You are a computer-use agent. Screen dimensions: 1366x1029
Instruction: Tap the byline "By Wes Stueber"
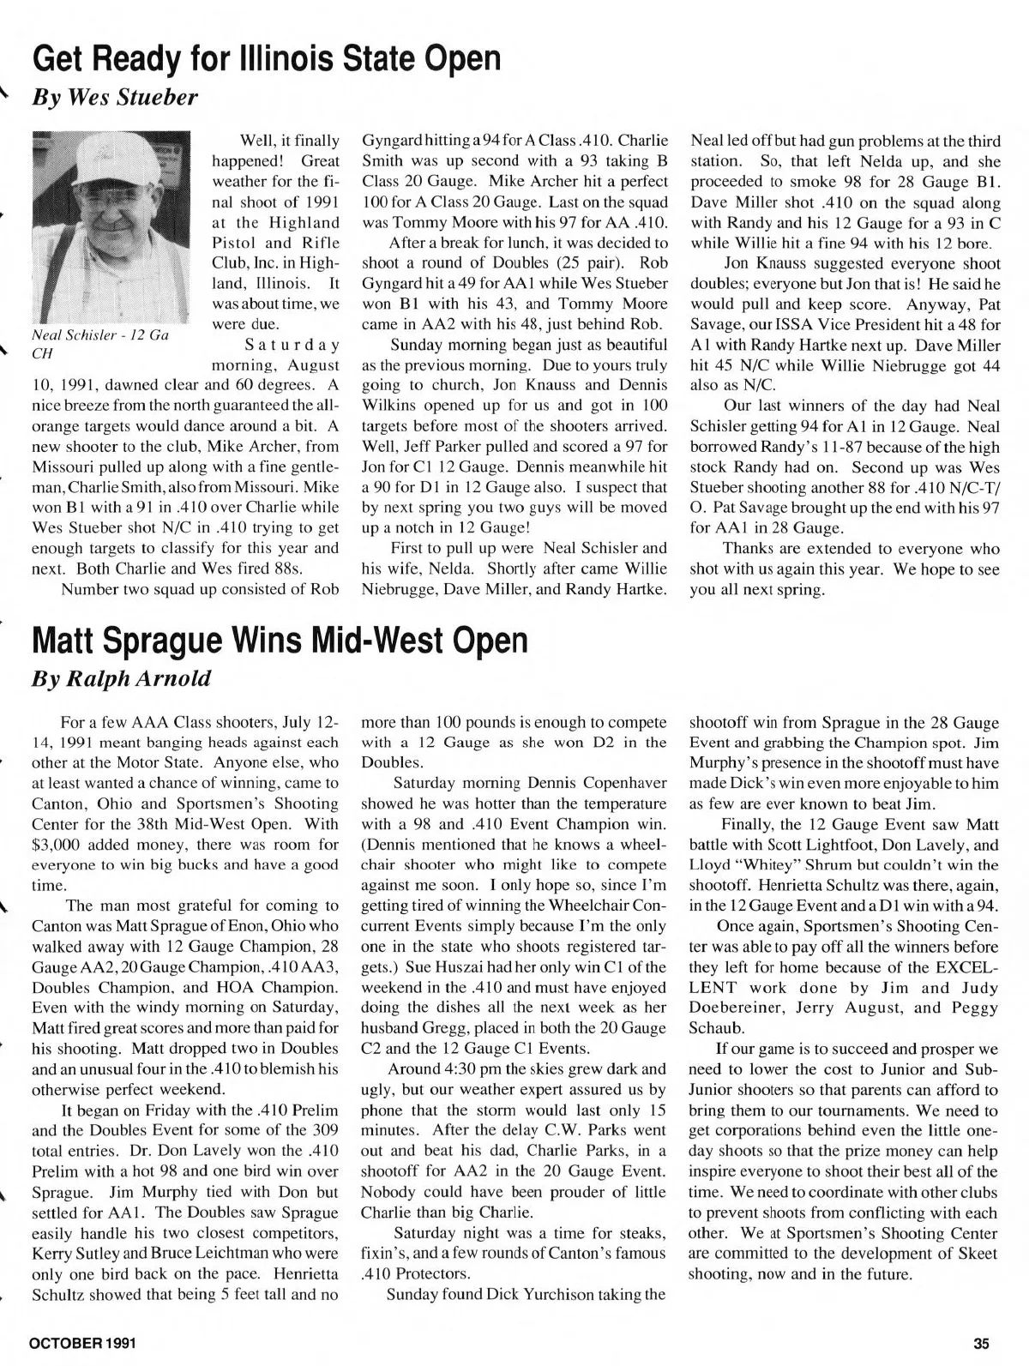pos(115,97)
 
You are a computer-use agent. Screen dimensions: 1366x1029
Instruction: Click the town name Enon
pos(222,926)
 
